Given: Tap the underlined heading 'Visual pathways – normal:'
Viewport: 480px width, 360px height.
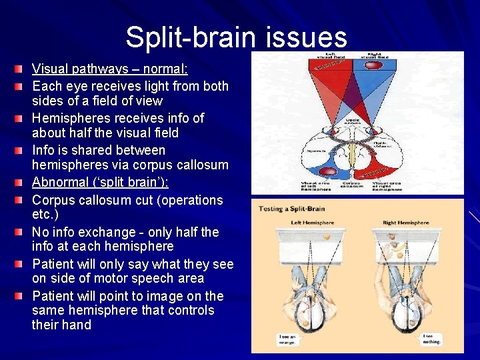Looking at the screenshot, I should coord(110,69).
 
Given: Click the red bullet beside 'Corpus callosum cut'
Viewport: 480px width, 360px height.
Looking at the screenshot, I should coord(22,200).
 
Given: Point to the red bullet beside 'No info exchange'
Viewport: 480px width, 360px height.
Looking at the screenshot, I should coord(22,232).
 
